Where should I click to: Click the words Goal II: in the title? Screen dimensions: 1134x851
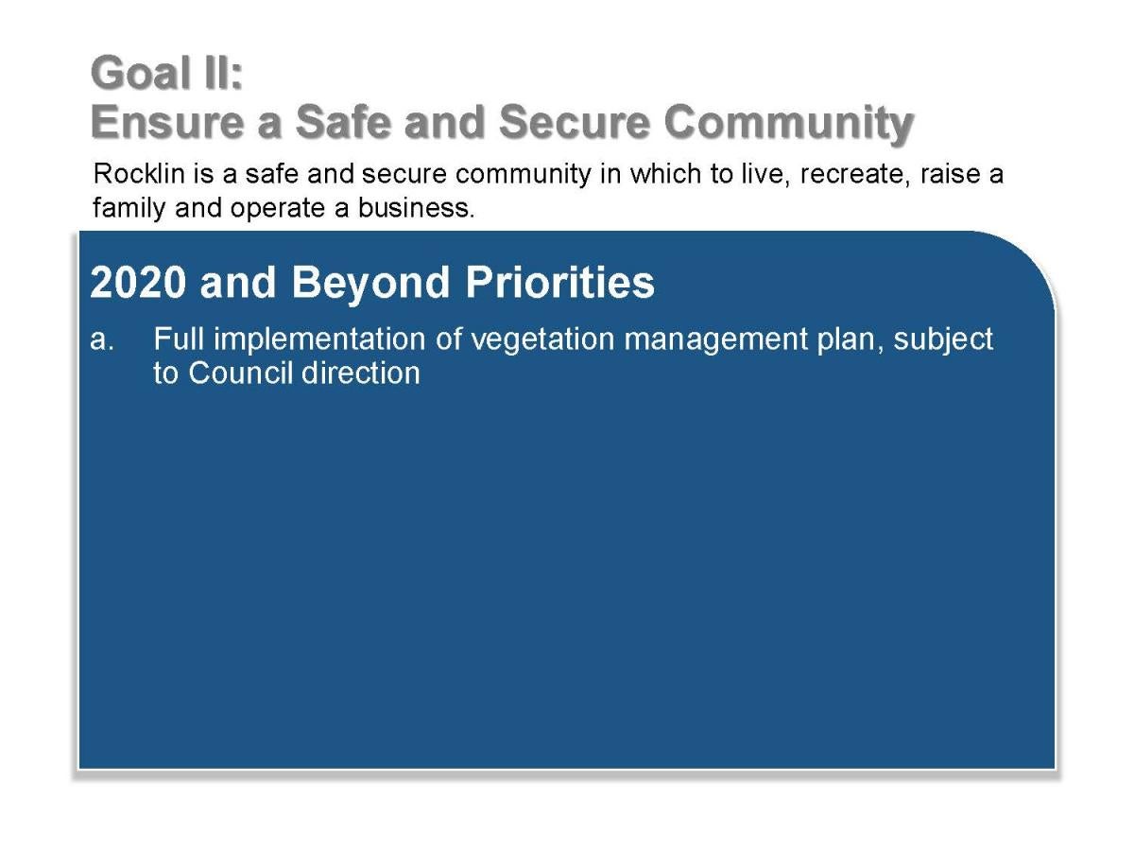click(x=166, y=73)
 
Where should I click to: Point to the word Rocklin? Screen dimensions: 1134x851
click(x=139, y=174)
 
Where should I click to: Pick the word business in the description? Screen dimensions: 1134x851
click(x=416, y=208)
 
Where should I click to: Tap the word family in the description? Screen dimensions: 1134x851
click(x=129, y=209)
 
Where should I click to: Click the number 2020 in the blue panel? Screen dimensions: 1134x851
click(x=138, y=283)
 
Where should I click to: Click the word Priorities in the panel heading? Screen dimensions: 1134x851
click(x=560, y=283)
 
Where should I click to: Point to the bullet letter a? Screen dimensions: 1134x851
click(x=102, y=339)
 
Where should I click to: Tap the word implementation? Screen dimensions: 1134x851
click(x=319, y=340)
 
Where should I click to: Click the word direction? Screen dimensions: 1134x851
click(x=361, y=373)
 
